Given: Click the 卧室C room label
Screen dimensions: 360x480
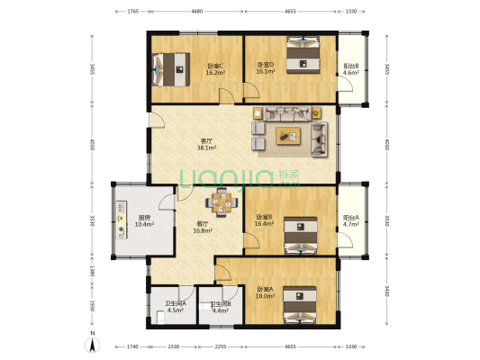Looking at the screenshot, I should tap(214, 70).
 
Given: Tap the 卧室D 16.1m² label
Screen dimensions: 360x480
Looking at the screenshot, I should tap(264, 70).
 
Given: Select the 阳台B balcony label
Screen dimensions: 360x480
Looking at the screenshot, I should tap(351, 70).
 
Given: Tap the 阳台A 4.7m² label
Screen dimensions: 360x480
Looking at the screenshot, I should tap(351, 221).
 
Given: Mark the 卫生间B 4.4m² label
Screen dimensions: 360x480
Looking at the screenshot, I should tap(221, 309).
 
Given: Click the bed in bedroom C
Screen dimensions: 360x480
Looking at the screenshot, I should tap(171, 67).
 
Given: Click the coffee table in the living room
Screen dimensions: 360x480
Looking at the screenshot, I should tap(288, 136).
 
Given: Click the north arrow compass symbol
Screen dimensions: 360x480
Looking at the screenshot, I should tap(91, 344).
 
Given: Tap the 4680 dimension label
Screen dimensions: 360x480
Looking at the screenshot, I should tap(196, 13).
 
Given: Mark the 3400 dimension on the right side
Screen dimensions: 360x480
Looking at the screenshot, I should tap(387, 290).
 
